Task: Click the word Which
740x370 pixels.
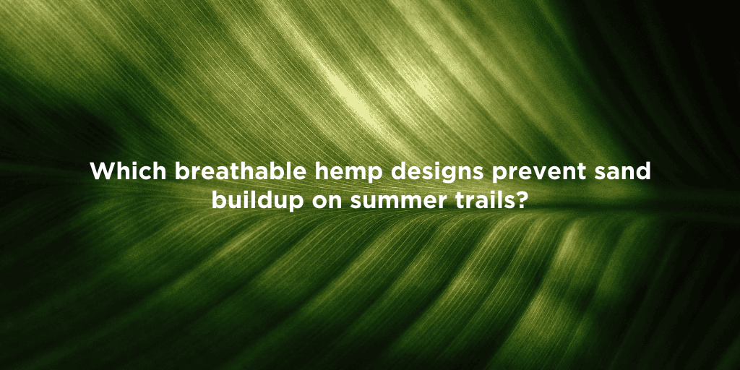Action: [129, 171]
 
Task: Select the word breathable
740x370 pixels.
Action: [240, 171]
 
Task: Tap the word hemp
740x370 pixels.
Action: [349, 172]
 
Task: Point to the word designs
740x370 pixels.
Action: [437, 172]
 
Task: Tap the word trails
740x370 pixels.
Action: [483, 201]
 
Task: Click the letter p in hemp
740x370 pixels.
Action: [376, 175]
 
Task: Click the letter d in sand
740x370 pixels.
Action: [643, 171]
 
